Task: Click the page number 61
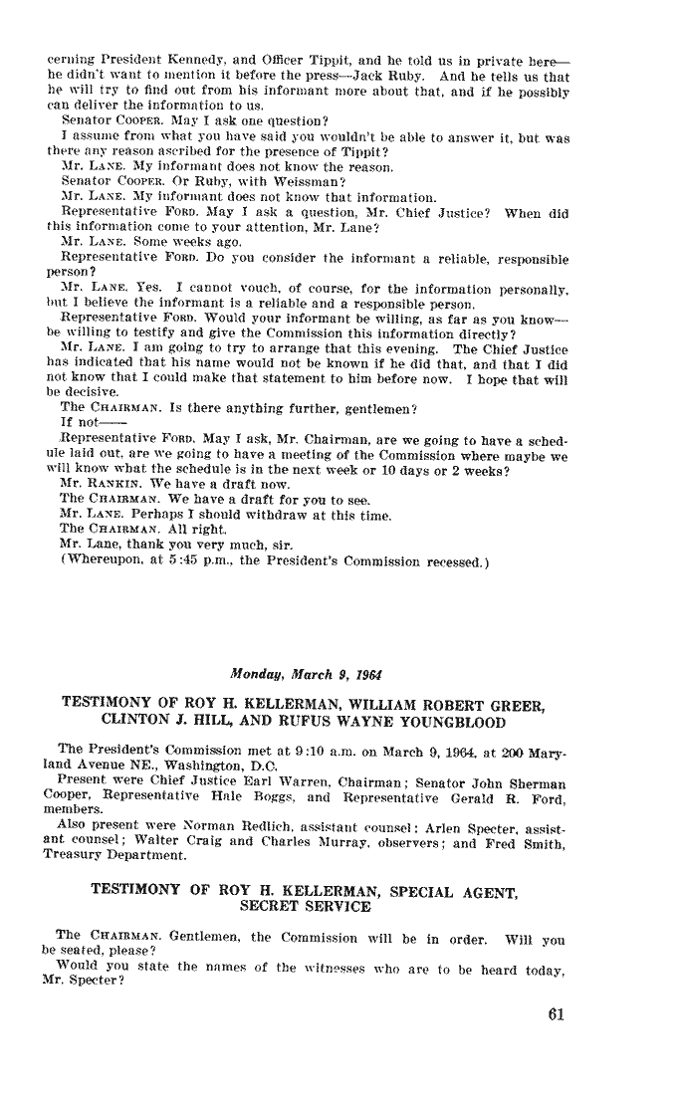556,1016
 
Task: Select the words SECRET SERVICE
307,907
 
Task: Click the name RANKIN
105,511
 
